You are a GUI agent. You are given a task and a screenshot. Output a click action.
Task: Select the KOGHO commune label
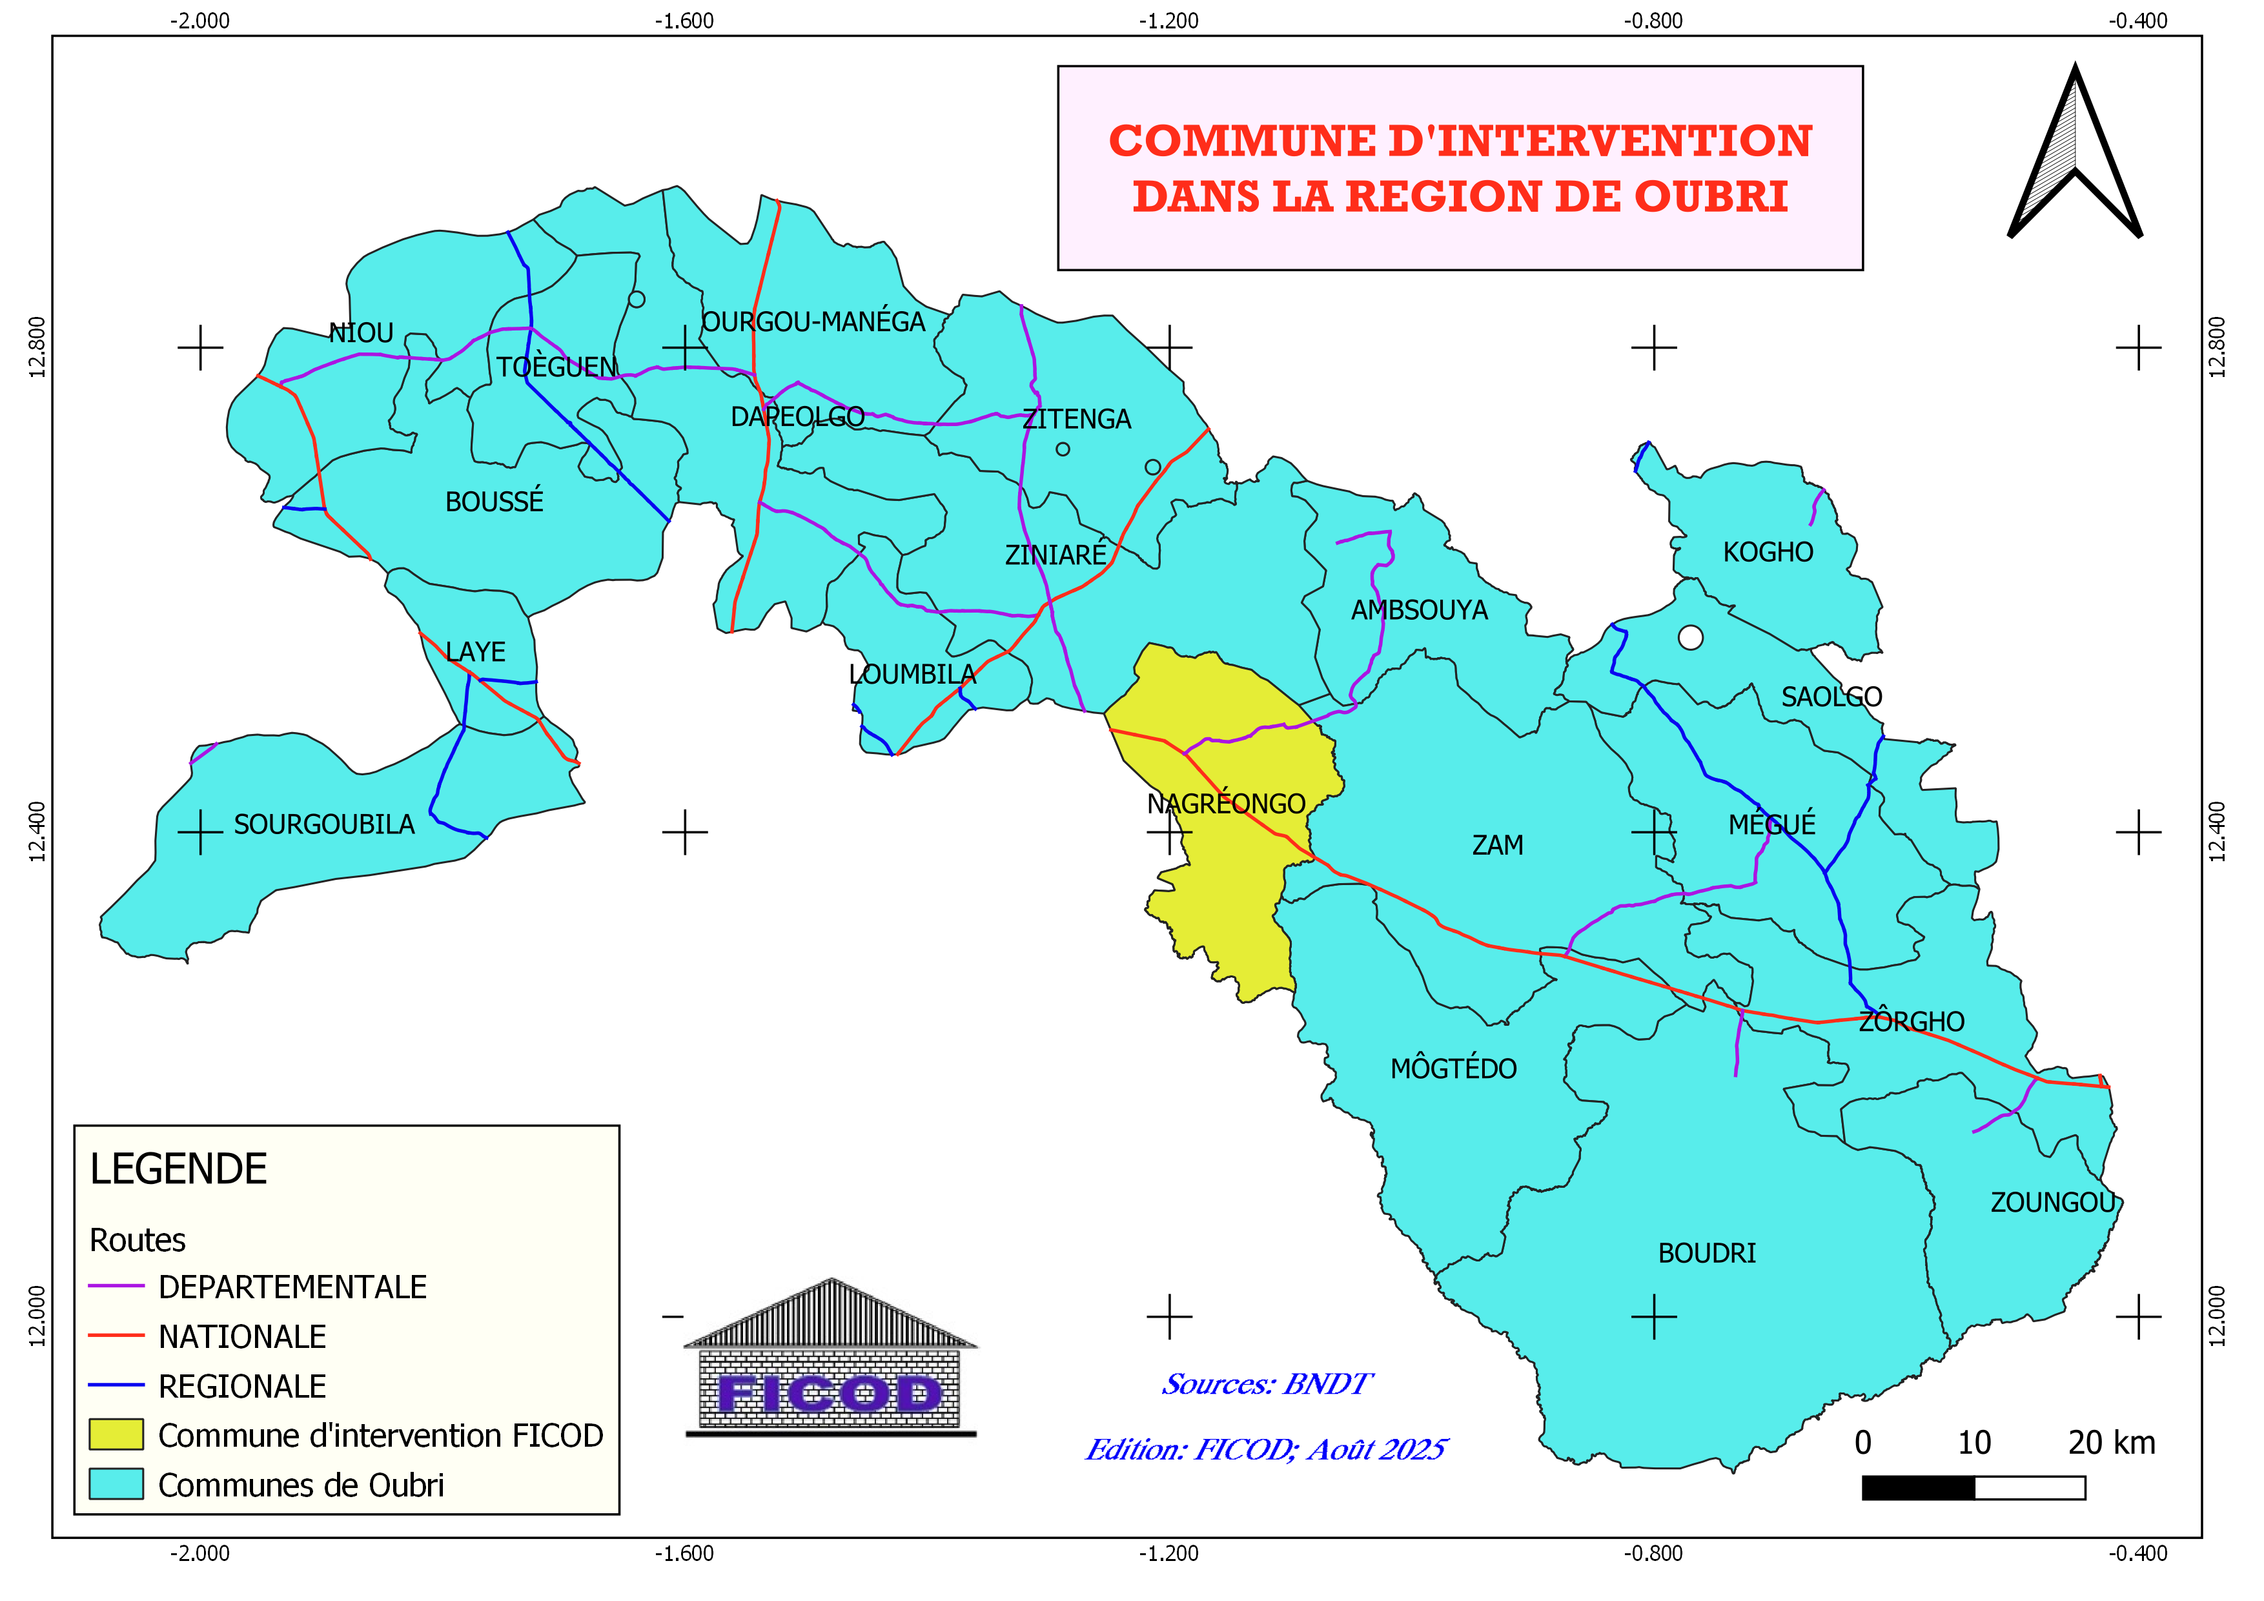click(1768, 552)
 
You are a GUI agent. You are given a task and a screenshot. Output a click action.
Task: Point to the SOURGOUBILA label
click(325, 824)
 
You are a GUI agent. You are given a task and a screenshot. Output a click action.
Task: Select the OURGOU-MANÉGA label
click(813, 321)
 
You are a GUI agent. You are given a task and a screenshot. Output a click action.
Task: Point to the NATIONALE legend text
click(243, 1337)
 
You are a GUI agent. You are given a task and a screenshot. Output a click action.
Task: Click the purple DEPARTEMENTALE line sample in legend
click(116, 1287)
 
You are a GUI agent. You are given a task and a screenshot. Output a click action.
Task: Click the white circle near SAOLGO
click(1690, 638)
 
